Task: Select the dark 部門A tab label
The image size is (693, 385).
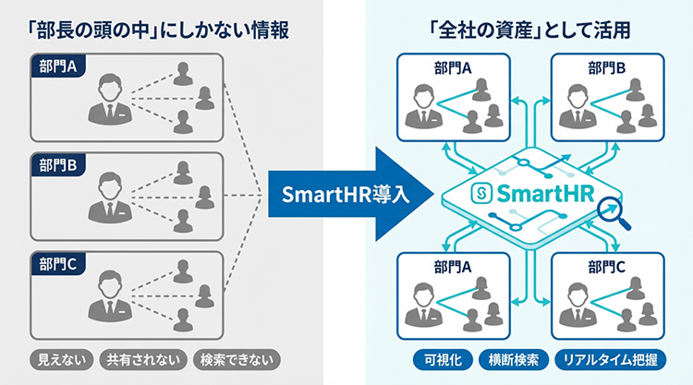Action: [58, 66]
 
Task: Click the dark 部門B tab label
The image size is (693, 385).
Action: [58, 167]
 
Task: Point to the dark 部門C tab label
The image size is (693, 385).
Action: [58, 266]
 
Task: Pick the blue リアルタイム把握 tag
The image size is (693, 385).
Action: [608, 359]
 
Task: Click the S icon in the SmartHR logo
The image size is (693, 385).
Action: [480, 196]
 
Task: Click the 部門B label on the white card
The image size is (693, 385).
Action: [606, 68]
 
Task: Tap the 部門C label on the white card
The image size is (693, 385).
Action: [606, 266]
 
